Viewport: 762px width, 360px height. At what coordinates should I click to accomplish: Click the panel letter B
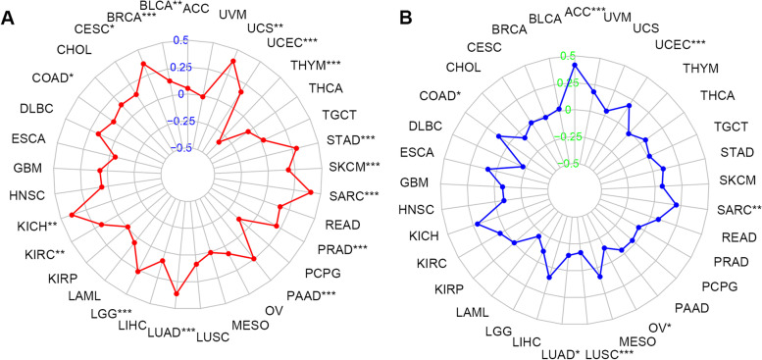[x=398, y=14]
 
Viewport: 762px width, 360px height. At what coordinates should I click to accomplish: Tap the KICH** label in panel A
[x=35, y=227]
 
